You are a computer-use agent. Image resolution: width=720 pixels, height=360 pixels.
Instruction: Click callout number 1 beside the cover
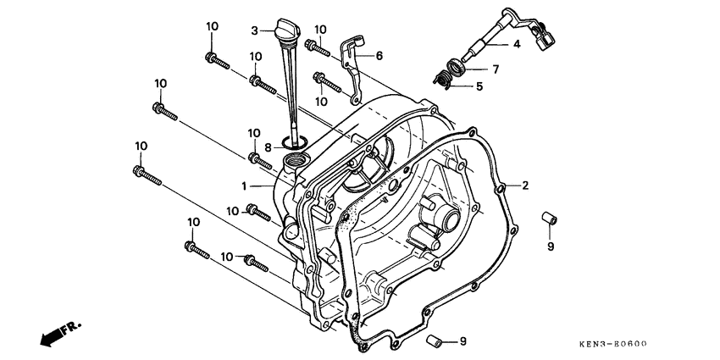[x=243, y=185]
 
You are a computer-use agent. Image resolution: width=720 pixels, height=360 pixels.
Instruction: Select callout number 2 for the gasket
[x=525, y=186]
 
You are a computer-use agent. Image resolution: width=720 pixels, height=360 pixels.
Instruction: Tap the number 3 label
[x=253, y=30]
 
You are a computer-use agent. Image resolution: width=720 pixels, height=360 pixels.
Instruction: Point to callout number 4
[x=515, y=44]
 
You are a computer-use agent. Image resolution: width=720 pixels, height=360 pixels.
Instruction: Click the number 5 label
[x=479, y=86]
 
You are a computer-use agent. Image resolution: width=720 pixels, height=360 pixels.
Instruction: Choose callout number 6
[x=379, y=55]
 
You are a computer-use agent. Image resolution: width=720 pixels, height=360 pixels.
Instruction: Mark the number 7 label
[x=496, y=68]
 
